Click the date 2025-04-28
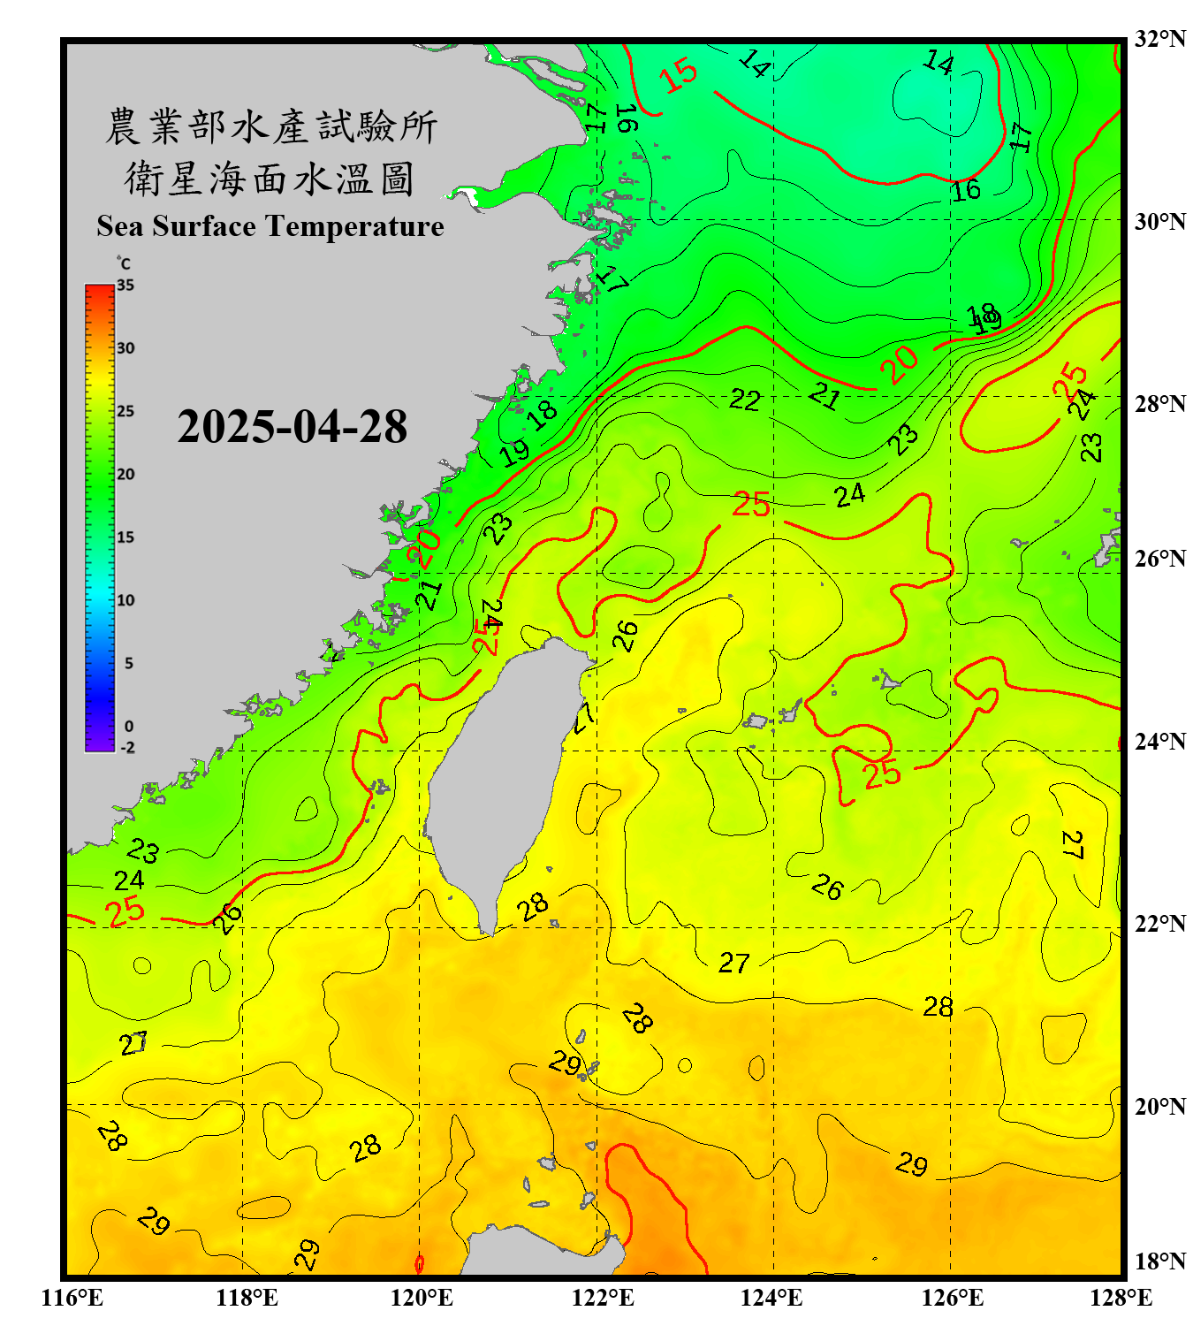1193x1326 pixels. [x=292, y=427]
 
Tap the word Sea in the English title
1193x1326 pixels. [x=120, y=226]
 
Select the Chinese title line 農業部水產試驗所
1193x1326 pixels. [x=270, y=126]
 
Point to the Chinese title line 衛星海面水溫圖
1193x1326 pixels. [x=270, y=179]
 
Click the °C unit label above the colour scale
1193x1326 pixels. [x=123, y=263]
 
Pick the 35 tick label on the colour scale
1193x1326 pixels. [x=125, y=286]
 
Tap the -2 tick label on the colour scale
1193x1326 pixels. [x=127, y=747]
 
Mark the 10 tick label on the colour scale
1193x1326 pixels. [x=125, y=600]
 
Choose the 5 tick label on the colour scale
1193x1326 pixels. [x=128, y=663]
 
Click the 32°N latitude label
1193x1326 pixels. [x=1159, y=39]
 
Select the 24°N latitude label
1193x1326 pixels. [x=1159, y=741]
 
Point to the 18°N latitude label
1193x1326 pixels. [x=1159, y=1261]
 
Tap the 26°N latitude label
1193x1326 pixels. [x=1159, y=559]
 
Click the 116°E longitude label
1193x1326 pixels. [x=72, y=1298]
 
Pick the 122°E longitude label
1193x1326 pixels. [x=603, y=1298]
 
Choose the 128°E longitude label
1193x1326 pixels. [x=1121, y=1298]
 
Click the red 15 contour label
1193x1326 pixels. [x=679, y=75]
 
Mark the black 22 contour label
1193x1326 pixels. [x=744, y=400]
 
